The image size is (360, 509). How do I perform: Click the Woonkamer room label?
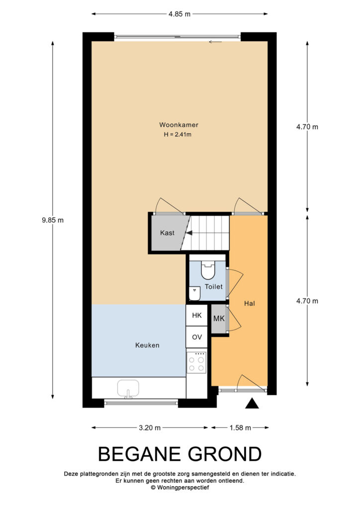(x=179, y=125)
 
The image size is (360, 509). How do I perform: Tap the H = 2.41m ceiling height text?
(x=178, y=134)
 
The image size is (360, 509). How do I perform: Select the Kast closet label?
(x=167, y=233)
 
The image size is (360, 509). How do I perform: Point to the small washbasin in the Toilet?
(x=195, y=293)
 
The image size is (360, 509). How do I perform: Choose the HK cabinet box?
(x=197, y=315)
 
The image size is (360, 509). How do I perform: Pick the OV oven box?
(x=197, y=337)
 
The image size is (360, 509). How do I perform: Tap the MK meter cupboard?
(x=219, y=319)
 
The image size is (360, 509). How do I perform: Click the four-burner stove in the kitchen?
(x=197, y=362)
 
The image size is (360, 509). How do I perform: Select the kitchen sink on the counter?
(x=128, y=389)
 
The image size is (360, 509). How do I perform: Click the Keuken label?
(x=147, y=345)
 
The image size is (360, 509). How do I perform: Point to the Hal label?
(x=249, y=304)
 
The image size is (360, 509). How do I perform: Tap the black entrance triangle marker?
(x=252, y=404)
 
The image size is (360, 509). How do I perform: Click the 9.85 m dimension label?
(x=53, y=220)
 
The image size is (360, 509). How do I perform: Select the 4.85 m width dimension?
(x=179, y=14)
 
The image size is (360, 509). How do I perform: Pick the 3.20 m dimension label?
(x=150, y=427)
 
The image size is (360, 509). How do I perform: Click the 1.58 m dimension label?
(x=240, y=427)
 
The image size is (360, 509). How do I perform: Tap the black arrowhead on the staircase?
(x=189, y=233)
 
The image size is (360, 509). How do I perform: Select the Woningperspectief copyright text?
(x=180, y=487)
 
